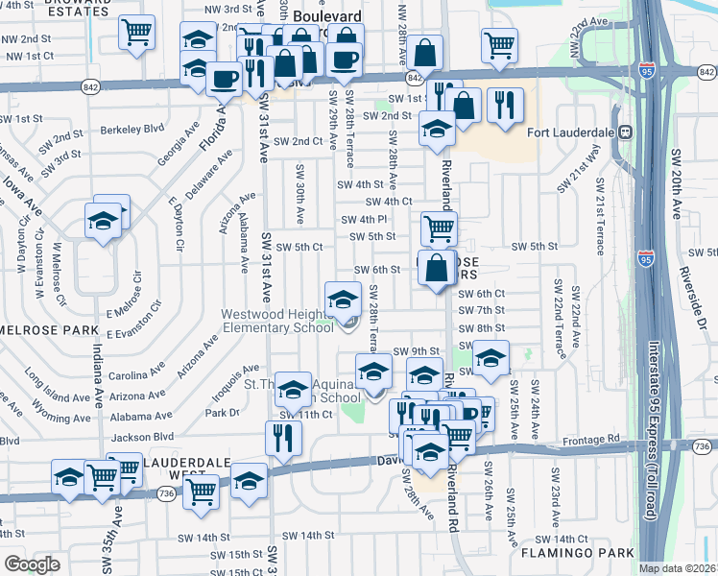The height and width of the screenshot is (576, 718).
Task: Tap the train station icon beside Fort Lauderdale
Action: click(625, 132)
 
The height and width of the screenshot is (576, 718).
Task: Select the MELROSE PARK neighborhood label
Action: click(41, 330)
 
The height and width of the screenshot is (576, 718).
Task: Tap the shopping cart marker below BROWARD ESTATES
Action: click(137, 32)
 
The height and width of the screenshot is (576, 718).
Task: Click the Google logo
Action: click(32, 564)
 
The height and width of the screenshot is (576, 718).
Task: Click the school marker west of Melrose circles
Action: click(102, 223)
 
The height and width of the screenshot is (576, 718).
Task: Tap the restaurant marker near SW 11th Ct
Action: click(283, 438)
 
